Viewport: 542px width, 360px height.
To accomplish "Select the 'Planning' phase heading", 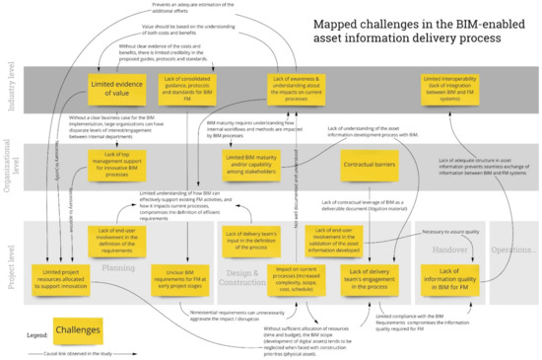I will (118, 240).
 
